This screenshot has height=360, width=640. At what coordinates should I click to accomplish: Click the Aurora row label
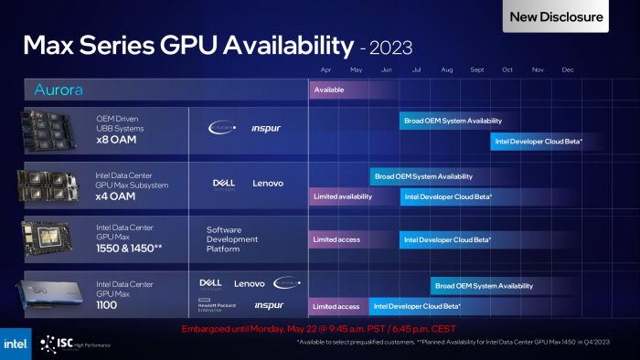point(59,90)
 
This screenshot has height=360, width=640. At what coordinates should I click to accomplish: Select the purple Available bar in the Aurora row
point(329,90)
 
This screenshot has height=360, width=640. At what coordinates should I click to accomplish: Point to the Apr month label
point(326,69)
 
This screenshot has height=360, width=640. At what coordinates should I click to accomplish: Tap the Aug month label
point(447,69)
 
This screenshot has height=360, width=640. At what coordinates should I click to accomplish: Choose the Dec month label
point(568,69)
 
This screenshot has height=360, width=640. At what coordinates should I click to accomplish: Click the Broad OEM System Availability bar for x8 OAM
point(452,121)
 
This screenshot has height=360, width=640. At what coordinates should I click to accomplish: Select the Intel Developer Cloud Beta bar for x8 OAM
point(539,142)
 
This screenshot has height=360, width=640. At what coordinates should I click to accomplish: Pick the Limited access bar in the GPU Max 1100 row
point(336,306)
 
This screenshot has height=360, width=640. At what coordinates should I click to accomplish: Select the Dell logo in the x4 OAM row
point(224,183)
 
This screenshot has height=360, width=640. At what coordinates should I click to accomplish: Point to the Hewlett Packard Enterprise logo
point(217,305)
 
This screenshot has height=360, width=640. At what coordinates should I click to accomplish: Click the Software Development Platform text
point(232,239)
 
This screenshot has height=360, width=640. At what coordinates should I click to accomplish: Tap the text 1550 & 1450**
point(130,248)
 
